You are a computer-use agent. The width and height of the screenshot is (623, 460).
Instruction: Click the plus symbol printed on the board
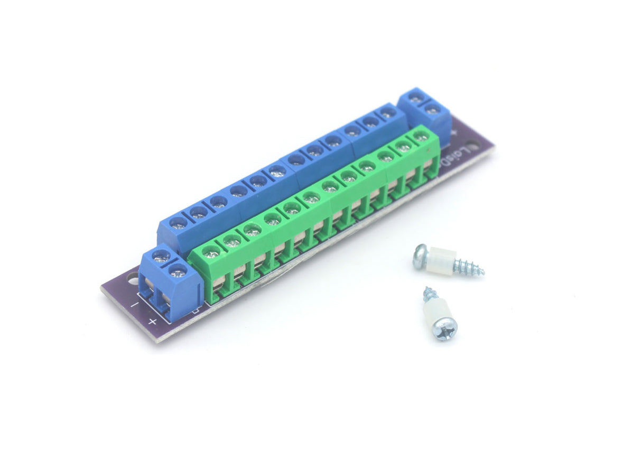[153, 321]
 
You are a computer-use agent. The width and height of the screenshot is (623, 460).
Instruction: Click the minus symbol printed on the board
[135, 305]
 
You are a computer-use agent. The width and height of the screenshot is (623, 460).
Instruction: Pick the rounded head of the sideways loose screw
[420, 256]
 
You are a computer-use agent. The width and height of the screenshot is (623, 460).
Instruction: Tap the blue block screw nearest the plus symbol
[178, 273]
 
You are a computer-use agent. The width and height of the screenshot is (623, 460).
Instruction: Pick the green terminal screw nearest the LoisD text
[421, 136]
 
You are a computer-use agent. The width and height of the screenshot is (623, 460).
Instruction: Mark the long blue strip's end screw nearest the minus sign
[179, 222]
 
